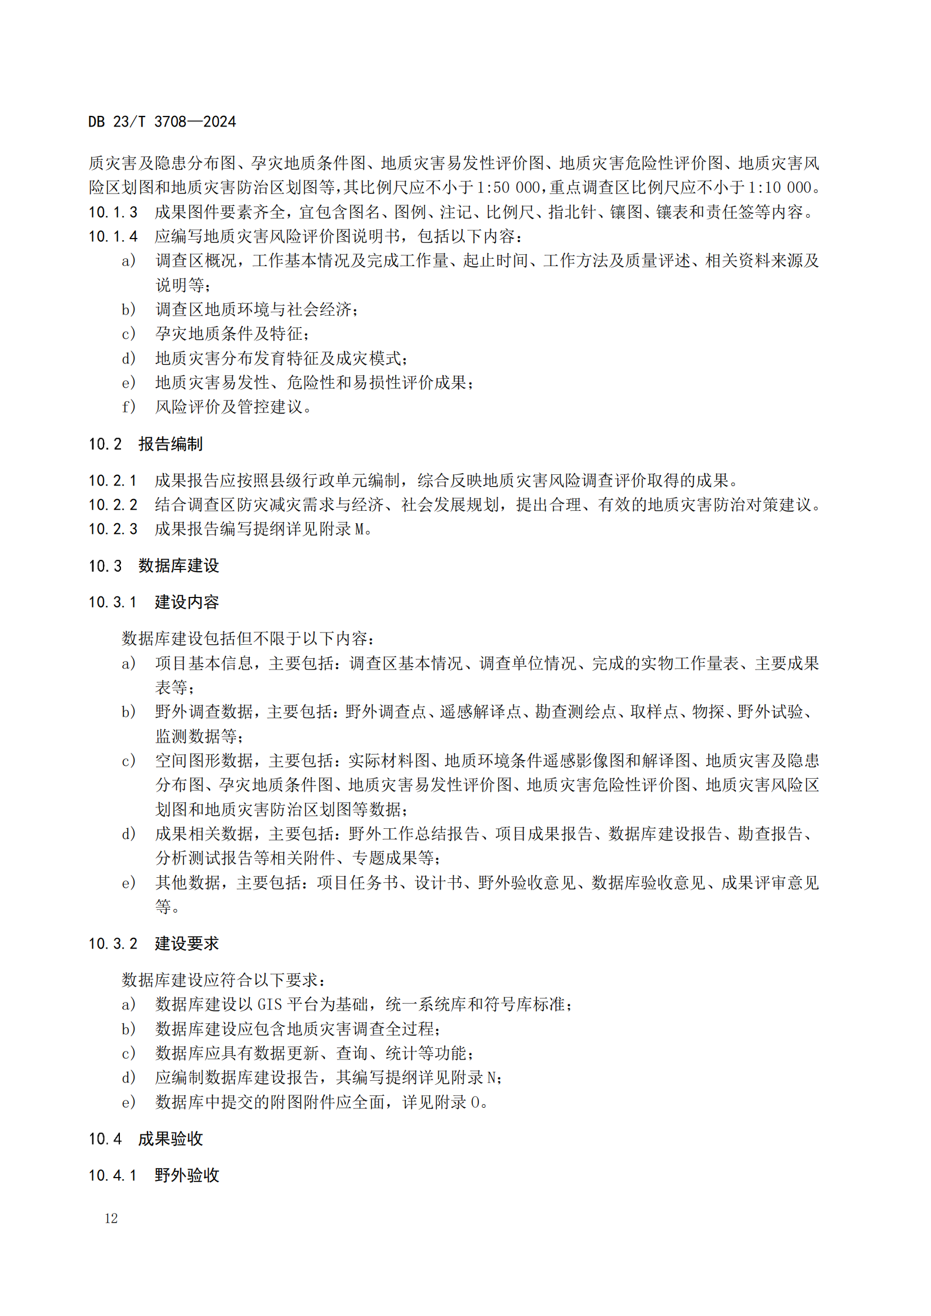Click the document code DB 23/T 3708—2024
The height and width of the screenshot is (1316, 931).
pyautogui.click(x=162, y=122)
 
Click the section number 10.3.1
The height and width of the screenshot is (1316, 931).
pyautogui.click(x=113, y=602)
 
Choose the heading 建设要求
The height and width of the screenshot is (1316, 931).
pyautogui.click(x=186, y=944)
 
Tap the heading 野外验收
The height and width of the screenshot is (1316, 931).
pyautogui.click(x=186, y=1175)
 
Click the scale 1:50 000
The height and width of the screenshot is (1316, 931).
pyautogui.click(x=508, y=187)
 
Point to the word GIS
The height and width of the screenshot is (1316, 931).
pyautogui.click(x=270, y=1004)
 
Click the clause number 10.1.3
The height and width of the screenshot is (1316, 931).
pyautogui.click(x=113, y=212)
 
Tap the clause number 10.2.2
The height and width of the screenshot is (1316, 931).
pyautogui.click(x=113, y=504)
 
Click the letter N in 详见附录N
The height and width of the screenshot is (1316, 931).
pyautogui.click(x=491, y=1077)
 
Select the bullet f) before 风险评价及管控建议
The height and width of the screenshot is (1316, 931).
pyautogui.click(x=128, y=407)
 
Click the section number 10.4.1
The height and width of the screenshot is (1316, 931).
pyautogui.click(x=113, y=1175)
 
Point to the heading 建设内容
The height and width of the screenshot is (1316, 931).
pyautogui.click(x=186, y=602)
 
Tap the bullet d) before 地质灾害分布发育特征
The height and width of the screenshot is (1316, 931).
pyautogui.click(x=128, y=358)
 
